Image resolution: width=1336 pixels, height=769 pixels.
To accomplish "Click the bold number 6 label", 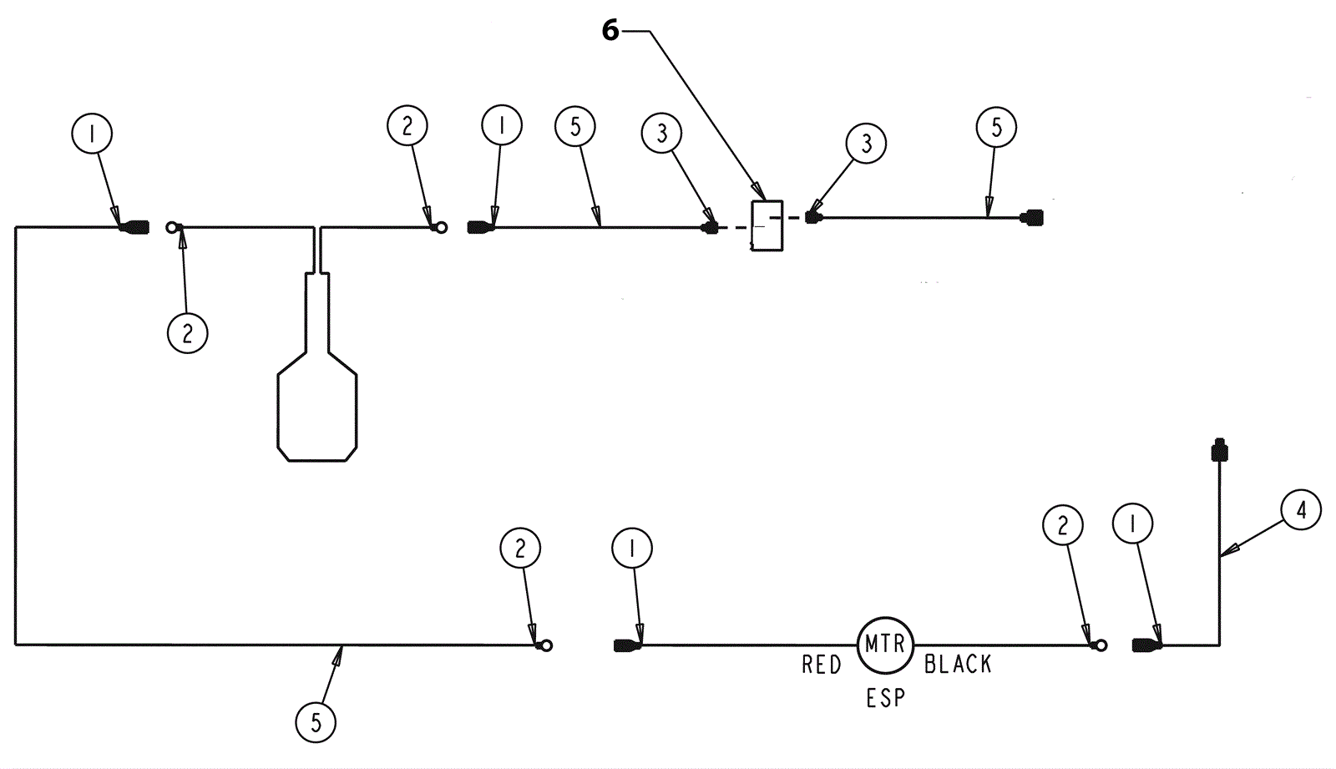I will tap(610, 31).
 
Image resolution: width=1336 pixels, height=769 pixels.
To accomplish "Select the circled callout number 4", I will tap(1301, 509).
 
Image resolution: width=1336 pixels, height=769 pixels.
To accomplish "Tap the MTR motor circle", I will tap(885, 645).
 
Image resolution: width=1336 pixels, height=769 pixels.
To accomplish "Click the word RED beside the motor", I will tap(822, 665).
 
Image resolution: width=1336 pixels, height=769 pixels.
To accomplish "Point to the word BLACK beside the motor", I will tap(958, 665).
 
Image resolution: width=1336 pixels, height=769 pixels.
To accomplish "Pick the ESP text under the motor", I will tap(885, 697).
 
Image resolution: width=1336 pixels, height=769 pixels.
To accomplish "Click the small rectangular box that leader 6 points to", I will tap(767, 225).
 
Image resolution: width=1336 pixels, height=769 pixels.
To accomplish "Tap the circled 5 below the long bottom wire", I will tap(316, 722).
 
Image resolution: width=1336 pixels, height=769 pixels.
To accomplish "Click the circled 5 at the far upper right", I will tap(996, 128).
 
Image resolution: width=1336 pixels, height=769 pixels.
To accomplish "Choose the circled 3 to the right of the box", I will tap(866, 144).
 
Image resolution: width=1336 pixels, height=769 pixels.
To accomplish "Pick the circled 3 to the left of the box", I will tap(662, 134).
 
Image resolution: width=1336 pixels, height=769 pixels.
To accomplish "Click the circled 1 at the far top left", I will tap(92, 133).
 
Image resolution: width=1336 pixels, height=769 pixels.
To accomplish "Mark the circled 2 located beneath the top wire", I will tap(187, 333).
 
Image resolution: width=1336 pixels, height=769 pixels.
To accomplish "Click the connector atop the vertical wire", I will tap(1219, 451).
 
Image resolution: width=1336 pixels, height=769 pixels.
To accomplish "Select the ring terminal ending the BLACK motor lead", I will tap(1101, 645).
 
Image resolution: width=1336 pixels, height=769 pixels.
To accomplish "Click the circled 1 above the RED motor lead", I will tap(632, 548).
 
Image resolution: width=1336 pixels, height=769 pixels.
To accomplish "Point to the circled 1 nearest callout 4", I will tap(1133, 524).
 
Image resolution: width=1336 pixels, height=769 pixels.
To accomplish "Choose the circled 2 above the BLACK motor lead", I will tap(1063, 525).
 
